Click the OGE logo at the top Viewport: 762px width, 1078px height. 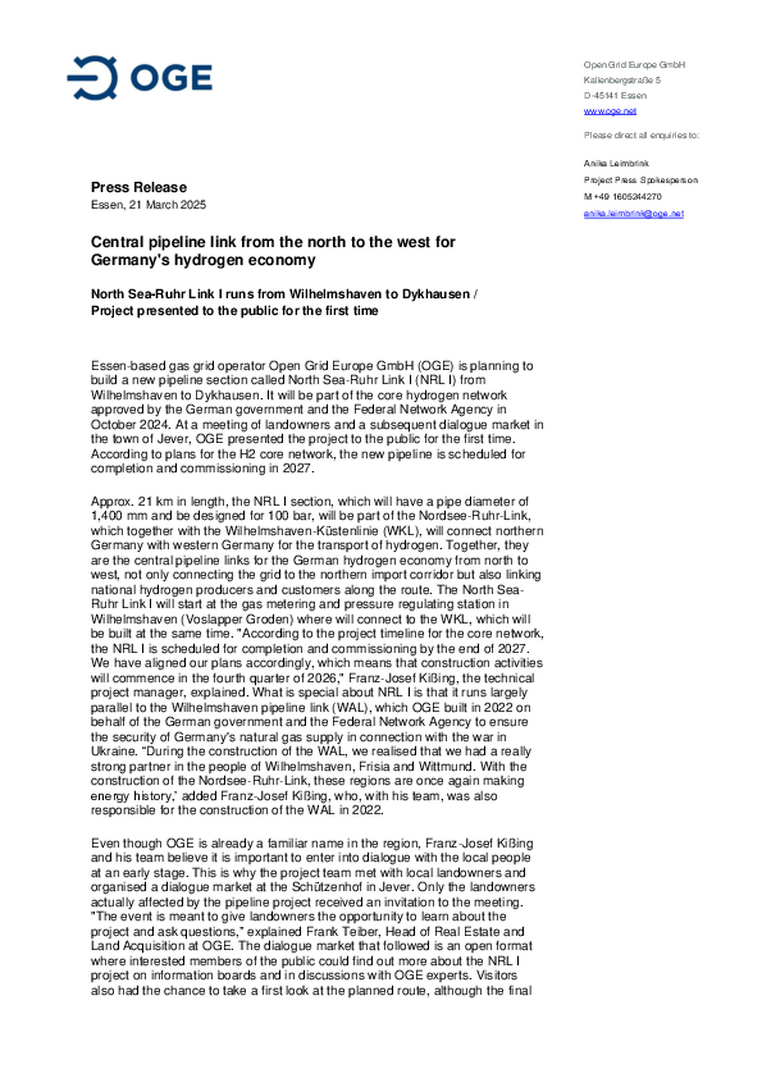(x=140, y=78)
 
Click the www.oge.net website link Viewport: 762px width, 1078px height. (x=610, y=111)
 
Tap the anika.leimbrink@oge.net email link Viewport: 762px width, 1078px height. (x=633, y=214)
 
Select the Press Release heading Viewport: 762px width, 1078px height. (x=139, y=187)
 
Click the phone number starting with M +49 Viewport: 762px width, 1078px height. (x=622, y=197)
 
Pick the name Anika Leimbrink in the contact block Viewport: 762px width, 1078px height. (x=616, y=163)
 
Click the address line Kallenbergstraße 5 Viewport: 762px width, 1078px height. (x=622, y=80)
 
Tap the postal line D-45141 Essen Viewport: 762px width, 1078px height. (x=615, y=96)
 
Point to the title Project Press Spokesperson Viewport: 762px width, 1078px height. (x=640, y=180)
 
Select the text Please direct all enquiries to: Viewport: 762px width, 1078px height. (x=641, y=135)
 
